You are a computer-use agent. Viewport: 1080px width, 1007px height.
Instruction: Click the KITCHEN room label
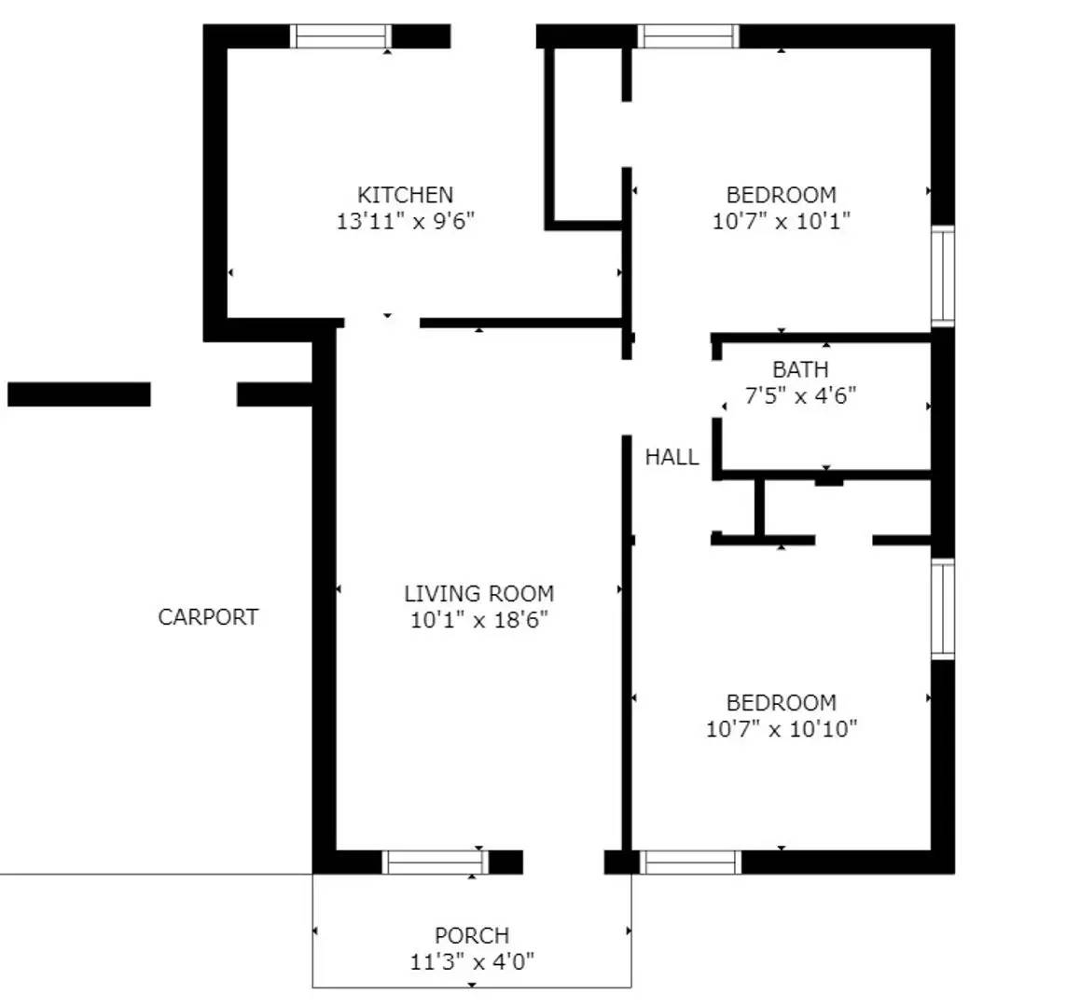pyautogui.click(x=405, y=195)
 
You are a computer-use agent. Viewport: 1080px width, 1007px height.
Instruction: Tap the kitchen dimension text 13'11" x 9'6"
pyautogui.click(x=406, y=221)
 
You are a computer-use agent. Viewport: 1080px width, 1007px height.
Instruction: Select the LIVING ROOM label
pyautogui.click(x=478, y=594)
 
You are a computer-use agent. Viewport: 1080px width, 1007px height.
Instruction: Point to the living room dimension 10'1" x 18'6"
pyautogui.click(x=478, y=620)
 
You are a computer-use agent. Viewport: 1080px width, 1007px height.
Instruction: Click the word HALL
pyautogui.click(x=672, y=457)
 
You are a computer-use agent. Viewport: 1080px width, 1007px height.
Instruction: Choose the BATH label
pyautogui.click(x=799, y=370)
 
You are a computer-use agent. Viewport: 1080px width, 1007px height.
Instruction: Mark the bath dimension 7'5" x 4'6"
pyautogui.click(x=800, y=396)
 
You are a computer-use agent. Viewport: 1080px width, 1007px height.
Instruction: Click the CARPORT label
pyautogui.click(x=208, y=617)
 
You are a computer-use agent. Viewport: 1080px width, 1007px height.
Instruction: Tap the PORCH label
pyautogui.click(x=472, y=935)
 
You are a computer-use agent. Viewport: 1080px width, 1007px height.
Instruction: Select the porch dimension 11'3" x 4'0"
pyautogui.click(x=472, y=961)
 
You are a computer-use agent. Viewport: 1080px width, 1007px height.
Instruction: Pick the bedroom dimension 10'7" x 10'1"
pyautogui.click(x=781, y=221)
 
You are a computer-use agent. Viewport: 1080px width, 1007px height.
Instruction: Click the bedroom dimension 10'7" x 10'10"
pyautogui.click(x=781, y=729)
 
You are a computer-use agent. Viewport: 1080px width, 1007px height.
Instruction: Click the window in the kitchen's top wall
pyautogui.click(x=340, y=35)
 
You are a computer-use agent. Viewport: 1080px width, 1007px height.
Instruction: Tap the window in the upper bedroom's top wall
pyautogui.click(x=688, y=35)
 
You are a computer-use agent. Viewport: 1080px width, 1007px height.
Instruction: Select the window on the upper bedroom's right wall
pyautogui.click(x=943, y=275)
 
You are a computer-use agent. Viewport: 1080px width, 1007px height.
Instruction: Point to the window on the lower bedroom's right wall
pyautogui.click(x=943, y=609)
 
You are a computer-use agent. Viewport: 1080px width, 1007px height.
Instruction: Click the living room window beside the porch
pyautogui.click(x=436, y=862)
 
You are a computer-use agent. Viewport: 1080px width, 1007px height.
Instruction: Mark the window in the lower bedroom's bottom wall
pyautogui.click(x=691, y=862)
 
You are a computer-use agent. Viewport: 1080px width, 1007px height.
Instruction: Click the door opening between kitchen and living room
pyautogui.click(x=382, y=323)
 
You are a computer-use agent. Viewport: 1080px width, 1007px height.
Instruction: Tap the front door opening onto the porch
pyautogui.click(x=563, y=862)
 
